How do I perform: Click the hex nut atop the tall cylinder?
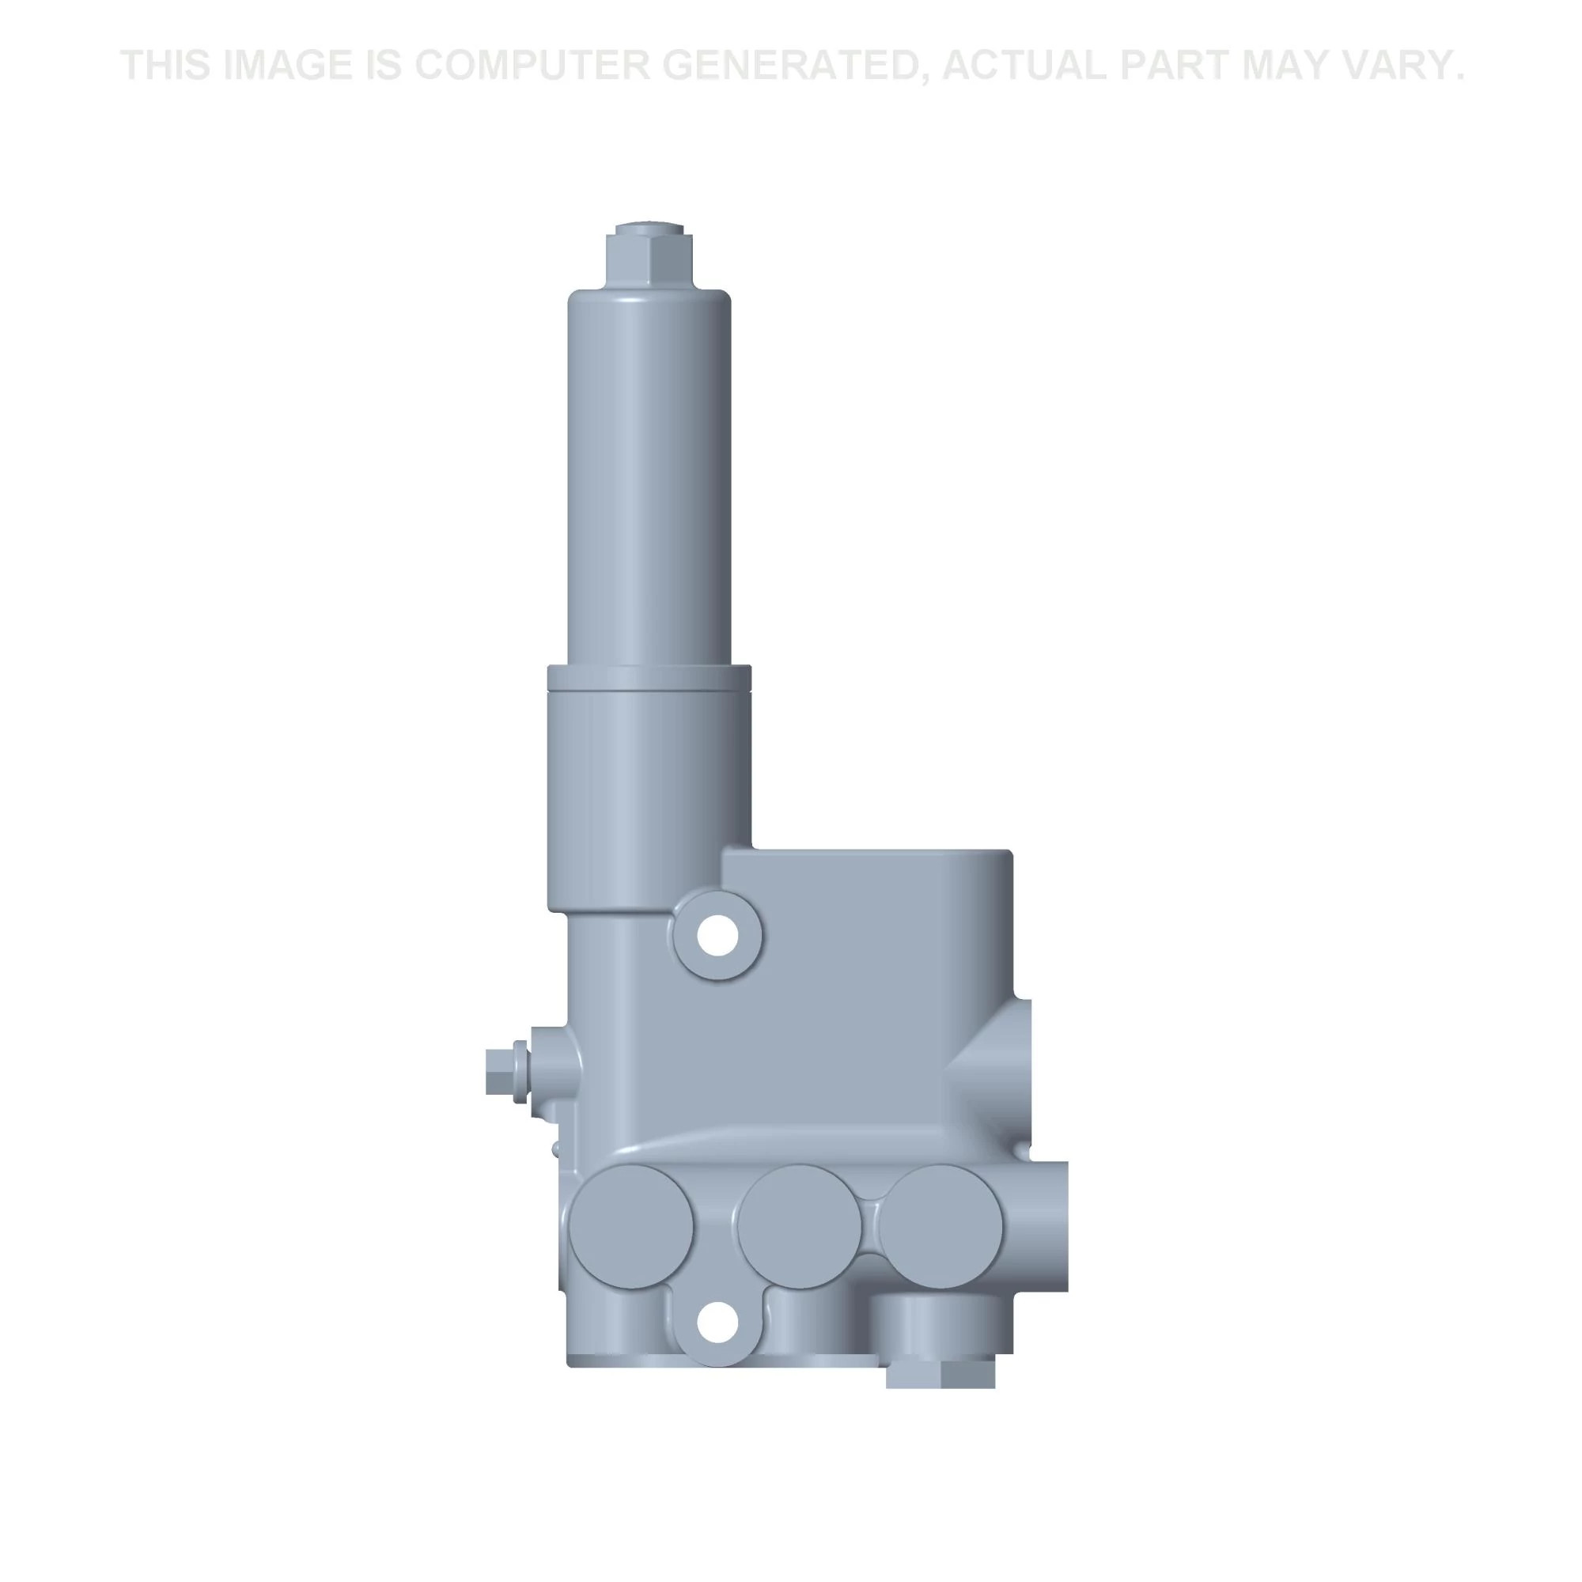click(649, 255)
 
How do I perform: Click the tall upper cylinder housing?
click(649, 475)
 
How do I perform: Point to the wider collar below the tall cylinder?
click(649, 786)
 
